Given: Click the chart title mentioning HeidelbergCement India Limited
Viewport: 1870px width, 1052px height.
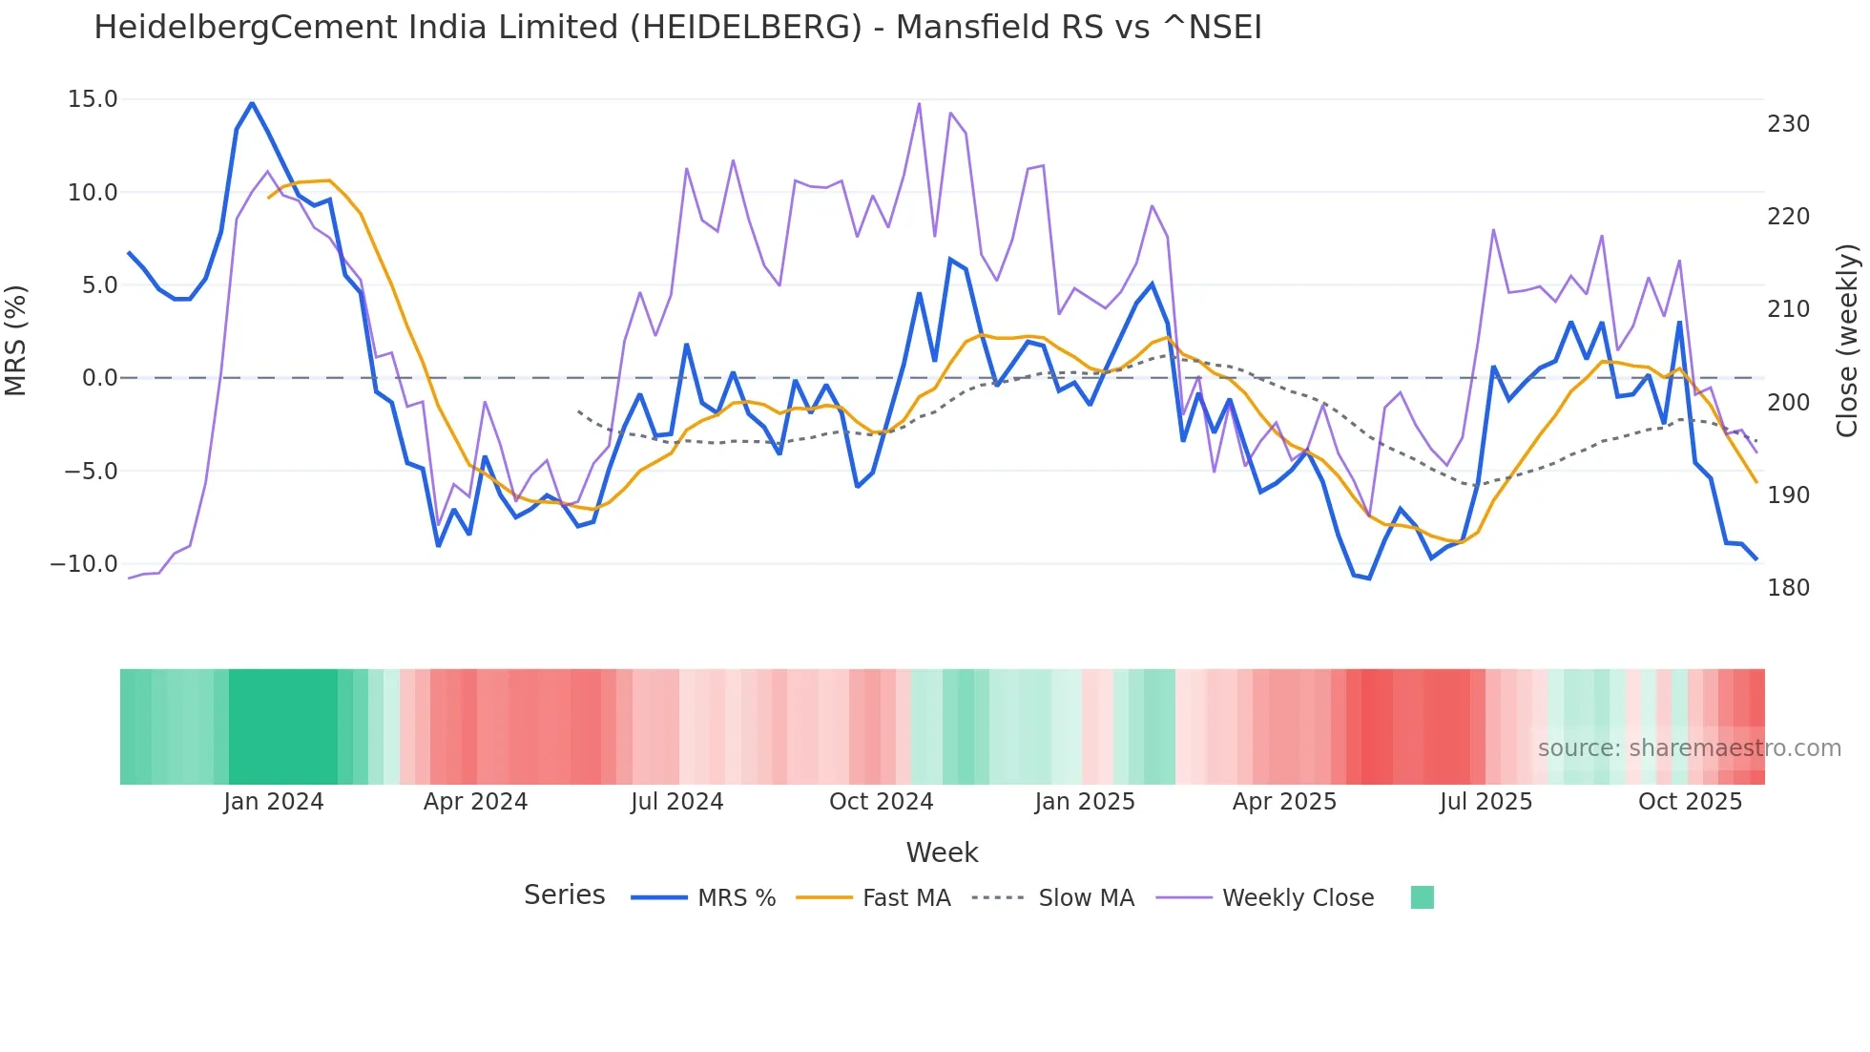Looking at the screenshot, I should point(677,28).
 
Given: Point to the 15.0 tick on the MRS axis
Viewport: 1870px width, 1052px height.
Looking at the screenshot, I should point(93,99).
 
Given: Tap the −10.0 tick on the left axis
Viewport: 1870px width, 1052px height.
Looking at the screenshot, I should point(84,563).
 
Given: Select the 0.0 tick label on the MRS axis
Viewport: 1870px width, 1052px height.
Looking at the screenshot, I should point(100,378).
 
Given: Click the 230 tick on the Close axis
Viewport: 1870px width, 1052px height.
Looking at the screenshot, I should point(1788,124).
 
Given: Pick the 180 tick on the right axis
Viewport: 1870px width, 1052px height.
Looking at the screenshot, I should point(1788,588).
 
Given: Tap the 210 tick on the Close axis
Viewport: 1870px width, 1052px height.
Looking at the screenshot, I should point(1788,309).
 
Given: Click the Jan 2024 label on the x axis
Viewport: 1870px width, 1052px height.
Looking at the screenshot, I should point(274,802).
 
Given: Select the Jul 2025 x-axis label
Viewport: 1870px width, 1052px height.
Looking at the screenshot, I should point(1486,802).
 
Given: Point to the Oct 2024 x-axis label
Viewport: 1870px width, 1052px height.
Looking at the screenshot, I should point(881,802).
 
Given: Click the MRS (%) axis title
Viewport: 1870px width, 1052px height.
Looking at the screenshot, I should point(16,341).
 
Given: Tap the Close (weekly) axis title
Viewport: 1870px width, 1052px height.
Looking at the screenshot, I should point(1847,341).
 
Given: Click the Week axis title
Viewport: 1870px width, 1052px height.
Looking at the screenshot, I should point(942,852).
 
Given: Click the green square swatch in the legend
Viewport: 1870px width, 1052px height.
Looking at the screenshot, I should point(1422,897).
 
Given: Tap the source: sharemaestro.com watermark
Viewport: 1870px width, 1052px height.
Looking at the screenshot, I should point(1689,748).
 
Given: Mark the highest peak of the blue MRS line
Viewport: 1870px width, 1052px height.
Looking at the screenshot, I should point(252,103).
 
